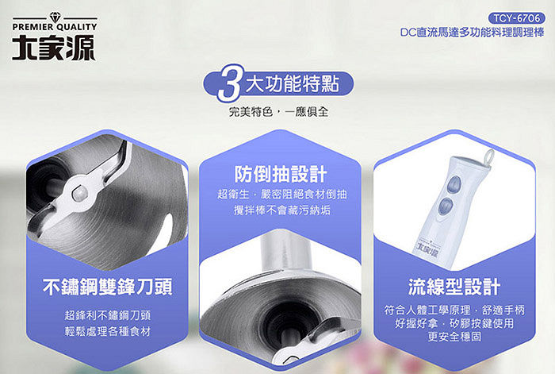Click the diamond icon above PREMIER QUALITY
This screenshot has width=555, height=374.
coord(55,17)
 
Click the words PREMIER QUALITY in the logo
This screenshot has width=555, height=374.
coord(55,27)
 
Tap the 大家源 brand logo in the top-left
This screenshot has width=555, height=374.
coord(54,48)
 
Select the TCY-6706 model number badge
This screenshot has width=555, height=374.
coord(517,18)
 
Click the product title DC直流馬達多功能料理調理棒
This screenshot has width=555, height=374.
coord(473,33)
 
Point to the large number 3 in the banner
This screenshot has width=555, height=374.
coord(229,83)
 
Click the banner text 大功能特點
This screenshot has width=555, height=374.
coord(293,84)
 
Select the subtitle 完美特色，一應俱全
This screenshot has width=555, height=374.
coord(278,112)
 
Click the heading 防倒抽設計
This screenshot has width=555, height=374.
coord(281,174)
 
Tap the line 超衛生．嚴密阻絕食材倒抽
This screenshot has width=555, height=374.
coord(282,194)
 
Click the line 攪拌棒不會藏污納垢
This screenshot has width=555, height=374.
coord(282,210)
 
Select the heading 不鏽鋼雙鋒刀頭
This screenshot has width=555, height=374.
coord(108,287)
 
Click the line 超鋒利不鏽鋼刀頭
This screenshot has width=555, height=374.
coord(108,314)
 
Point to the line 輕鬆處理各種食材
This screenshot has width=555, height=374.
coord(108,331)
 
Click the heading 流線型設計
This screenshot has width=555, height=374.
coord(454,287)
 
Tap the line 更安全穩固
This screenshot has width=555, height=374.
coord(454,337)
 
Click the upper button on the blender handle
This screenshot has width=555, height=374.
coord(454,184)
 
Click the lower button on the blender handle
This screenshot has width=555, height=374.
coord(446,206)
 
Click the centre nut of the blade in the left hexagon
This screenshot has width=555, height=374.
coord(80,192)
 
